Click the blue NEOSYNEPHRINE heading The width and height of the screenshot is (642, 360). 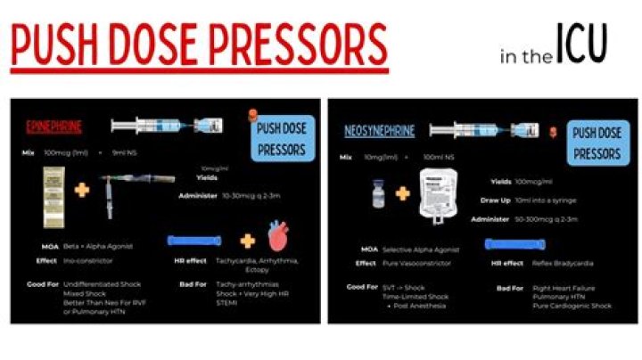click(380, 131)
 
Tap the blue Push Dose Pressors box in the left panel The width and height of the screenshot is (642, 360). click(281, 138)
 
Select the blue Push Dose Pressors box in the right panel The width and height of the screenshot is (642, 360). click(597, 143)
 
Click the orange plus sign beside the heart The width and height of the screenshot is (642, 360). click(247, 241)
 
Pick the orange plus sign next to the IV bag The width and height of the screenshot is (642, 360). click(403, 193)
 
